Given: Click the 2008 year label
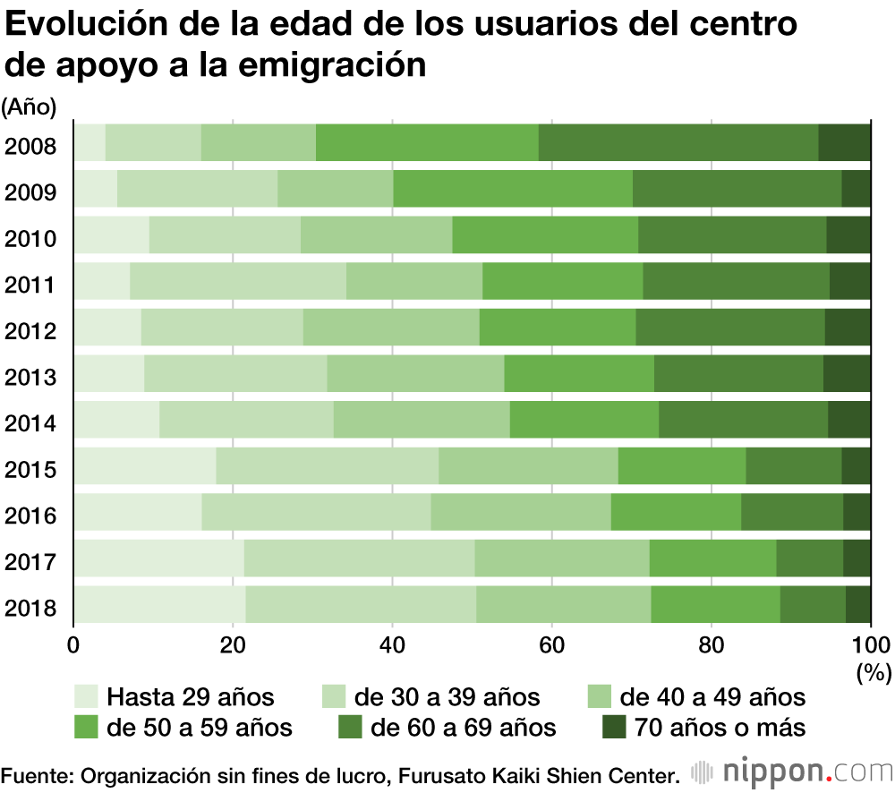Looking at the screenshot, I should [x=30, y=145].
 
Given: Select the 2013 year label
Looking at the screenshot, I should [x=30, y=377].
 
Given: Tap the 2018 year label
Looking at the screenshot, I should [x=30, y=610].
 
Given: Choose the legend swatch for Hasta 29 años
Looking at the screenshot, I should [x=86, y=696].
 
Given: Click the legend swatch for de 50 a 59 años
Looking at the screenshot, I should [x=86, y=727].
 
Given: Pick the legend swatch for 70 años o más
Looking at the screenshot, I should [x=614, y=727].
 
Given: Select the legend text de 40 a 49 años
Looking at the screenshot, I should [x=712, y=696].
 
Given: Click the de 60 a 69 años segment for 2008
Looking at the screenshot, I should [x=678, y=143].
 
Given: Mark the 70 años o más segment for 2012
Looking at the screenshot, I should [x=848, y=327].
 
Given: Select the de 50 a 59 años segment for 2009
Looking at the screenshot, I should [x=513, y=188].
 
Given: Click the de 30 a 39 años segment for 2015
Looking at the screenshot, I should [x=327, y=466].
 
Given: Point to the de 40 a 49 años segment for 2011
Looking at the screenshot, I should [x=414, y=281].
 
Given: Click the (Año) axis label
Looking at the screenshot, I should [x=30, y=108].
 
